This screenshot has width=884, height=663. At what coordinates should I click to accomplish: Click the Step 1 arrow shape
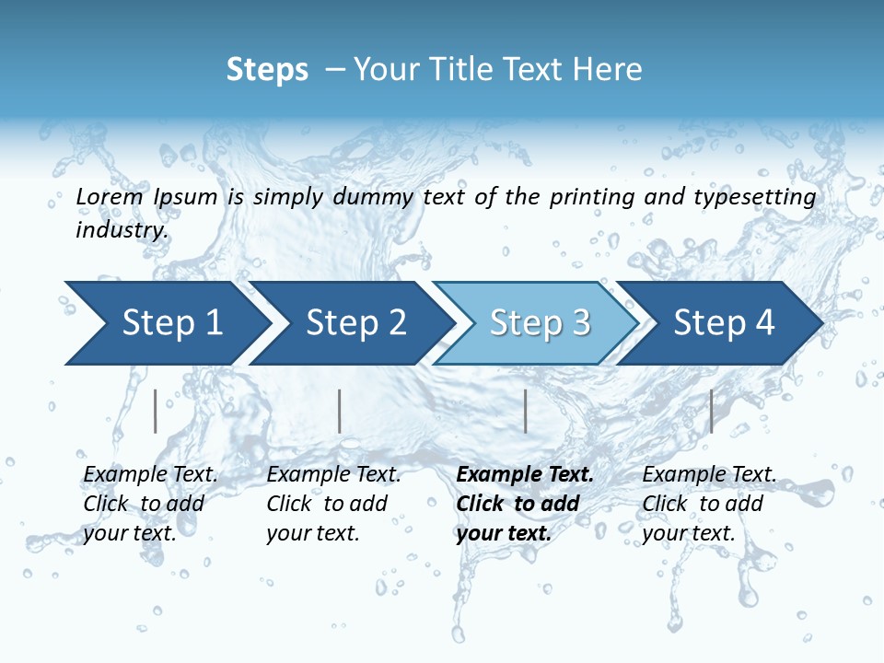(x=166, y=323)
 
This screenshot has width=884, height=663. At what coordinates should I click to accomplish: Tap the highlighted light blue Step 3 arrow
(x=539, y=323)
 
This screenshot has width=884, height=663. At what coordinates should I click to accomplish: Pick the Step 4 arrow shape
(x=723, y=323)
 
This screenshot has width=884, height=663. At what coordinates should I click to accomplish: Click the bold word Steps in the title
(x=267, y=69)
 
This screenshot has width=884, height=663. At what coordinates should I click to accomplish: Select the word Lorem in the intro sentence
(x=110, y=196)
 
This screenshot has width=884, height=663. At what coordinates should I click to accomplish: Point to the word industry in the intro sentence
(x=122, y=229)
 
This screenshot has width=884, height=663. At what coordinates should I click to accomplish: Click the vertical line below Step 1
(x=156, y=411)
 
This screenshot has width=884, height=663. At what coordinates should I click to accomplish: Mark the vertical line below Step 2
(x=340, y=411)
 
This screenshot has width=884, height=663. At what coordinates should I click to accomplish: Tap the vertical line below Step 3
(x=525, y=411)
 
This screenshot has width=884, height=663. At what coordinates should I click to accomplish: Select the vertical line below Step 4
(x=711, y=411)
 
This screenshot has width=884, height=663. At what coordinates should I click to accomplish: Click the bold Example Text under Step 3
(x=525, y=474)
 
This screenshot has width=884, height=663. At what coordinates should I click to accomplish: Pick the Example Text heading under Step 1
(x=150, y=474)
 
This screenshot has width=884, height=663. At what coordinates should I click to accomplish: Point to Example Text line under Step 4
(x=709, y=474)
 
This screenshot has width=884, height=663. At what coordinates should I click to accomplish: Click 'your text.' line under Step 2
(x=312, y=533)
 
